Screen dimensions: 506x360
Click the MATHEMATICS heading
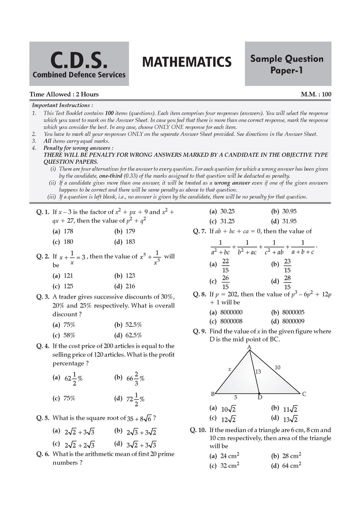187,62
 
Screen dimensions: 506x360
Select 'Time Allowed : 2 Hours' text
64,94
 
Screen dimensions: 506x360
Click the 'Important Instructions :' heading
63,105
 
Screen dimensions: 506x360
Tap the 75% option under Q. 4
69,398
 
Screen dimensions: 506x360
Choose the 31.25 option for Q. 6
227,221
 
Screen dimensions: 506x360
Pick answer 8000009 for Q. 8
293,321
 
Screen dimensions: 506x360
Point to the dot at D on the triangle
259,394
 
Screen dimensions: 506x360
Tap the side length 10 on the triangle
277,368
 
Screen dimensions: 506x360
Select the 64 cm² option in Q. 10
291,466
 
